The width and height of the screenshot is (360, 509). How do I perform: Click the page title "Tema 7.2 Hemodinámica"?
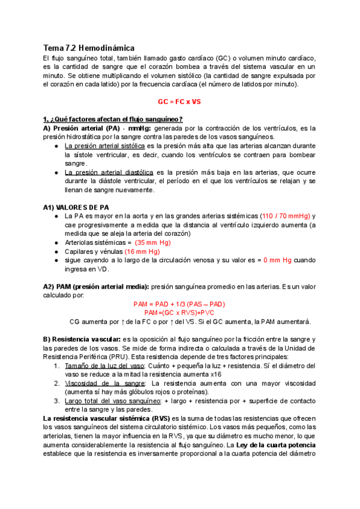click(x=89, y=47)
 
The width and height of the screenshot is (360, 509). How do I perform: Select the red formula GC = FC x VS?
click(x=179, y=102)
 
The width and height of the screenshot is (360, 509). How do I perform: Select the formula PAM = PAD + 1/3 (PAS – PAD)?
click(x=179, y=304)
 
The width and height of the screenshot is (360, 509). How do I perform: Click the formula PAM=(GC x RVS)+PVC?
click(x=179, y=313)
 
